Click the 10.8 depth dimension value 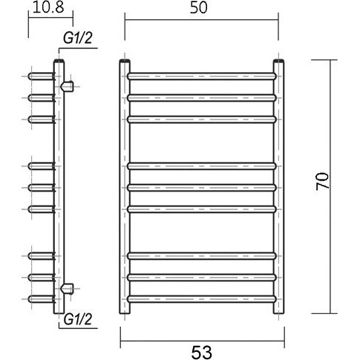(x=48, y=7)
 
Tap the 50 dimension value (x=199, y=7)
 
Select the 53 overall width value (x=202, y=353)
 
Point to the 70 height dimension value (x=322, y=181)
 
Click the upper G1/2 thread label (x=78, y=38)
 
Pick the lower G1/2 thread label (x=78, y=319)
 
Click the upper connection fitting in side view (x=68, y=86)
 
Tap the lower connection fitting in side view (x=68, y=289)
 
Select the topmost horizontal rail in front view (x=202, y=76)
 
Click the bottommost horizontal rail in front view (x=202, y=299)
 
